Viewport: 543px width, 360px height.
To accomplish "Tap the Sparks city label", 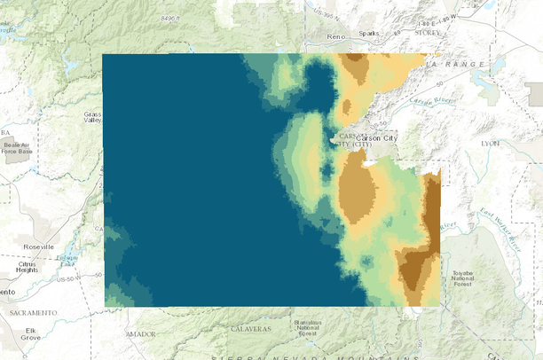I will click(x=368, y=35).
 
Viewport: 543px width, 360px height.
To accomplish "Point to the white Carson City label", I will click(x=380, y=137).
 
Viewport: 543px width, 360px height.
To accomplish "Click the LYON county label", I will click(x=490, y=142).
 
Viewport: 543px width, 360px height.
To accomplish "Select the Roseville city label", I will click(x=35, y=246).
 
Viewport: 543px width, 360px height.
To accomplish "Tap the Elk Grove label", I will click(x=31, y=333).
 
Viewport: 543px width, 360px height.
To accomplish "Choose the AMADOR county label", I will click(x=140, y=333).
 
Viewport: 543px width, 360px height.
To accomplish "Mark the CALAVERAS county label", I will click(x=252, y=328).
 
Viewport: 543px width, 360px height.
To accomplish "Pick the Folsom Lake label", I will click(x=64, y=257).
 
